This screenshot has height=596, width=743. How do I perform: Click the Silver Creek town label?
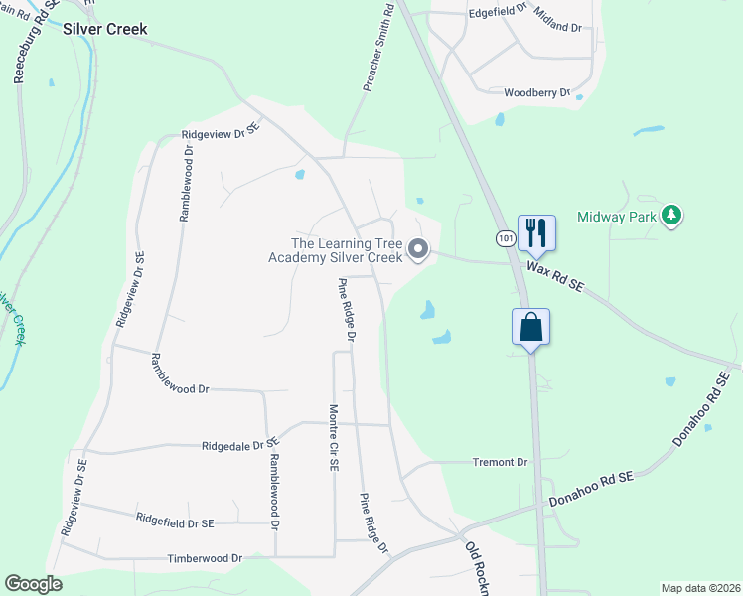pyautogui.click(x=104, y=29)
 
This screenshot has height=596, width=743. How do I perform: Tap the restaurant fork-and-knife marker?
pyautogui.click(x=536, y=232)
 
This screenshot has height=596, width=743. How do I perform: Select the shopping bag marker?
pyautogui.click(x=530, y=327)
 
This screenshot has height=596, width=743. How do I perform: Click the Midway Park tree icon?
pyautogui.click(x=672, y=216)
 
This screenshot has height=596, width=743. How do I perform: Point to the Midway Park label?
pyautogui.click(x=617, y=217)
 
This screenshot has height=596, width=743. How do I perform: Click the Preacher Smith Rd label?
pyautogui.click(x=379, y=48)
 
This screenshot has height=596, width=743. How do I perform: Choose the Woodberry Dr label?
pyautogui.click(x=536, y=92)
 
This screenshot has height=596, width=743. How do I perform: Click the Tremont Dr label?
pyautogui.click(x=500, y=462)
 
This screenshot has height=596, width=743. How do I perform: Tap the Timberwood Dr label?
pyautogui.click(x=205, y=559)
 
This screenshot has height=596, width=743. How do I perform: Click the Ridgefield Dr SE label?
pyautogui.click(x=175, y=519)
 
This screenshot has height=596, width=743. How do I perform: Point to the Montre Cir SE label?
pyautogui.click(x=334, y=436)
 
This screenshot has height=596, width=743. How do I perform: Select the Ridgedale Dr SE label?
pyautogui.click(x=237, y=446)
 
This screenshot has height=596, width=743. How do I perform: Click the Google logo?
pyautogui.click(x=33, y=584)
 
